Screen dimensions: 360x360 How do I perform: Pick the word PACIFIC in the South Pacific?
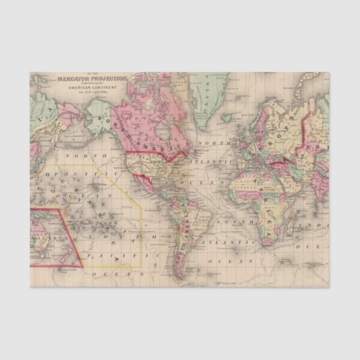pos(108,254)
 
